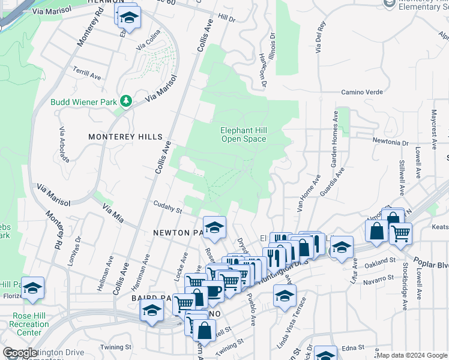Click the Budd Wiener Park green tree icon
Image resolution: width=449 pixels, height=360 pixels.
click(126, 101)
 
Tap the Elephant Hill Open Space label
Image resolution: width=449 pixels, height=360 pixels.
click(243, 134)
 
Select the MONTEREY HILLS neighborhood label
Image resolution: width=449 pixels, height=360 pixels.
click(118, 137)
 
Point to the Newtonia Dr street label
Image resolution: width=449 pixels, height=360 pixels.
click(390, 143)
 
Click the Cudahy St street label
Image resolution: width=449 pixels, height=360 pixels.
click(167, 207)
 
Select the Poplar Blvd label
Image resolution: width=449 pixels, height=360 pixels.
click(433, 248)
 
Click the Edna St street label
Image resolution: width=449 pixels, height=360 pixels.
click(352, 347)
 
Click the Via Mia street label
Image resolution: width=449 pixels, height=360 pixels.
click(112, 213)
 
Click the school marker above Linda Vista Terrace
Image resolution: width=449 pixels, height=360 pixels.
click(285, 295)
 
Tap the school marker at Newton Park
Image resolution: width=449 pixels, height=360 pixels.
click(214, 227)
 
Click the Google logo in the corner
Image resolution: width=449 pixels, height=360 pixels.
click(20, 353)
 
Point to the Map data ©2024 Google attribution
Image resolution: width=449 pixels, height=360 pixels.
click(411, 355)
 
